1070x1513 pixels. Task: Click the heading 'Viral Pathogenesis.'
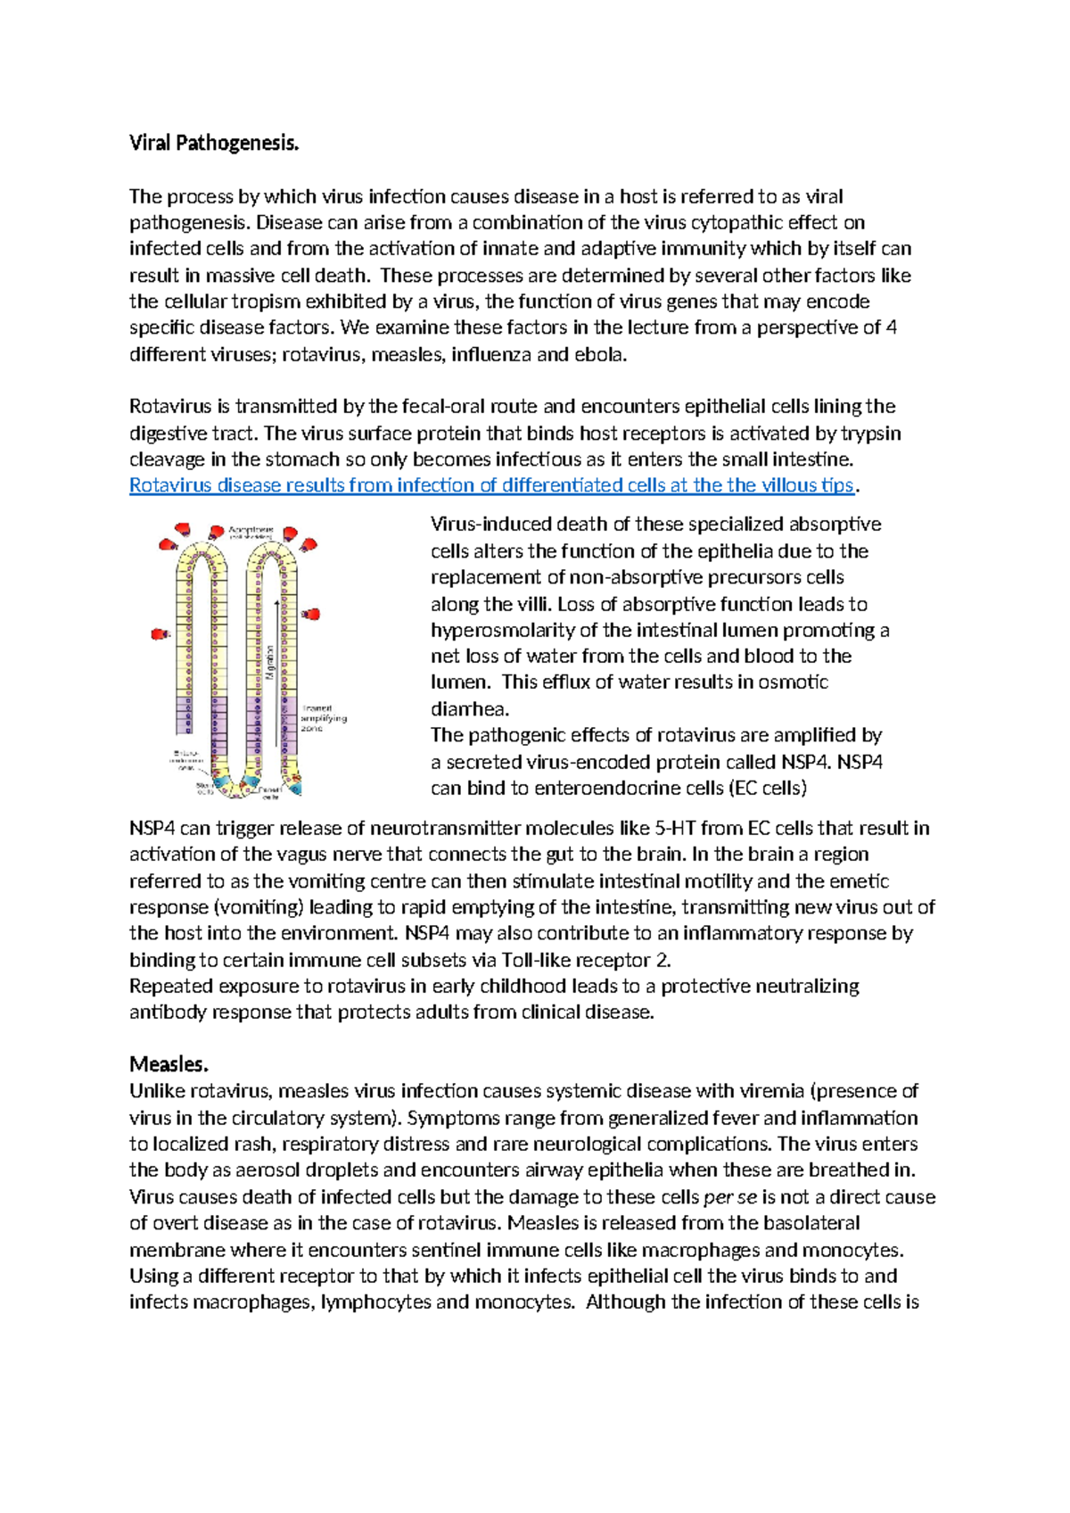click(x=214, y=143)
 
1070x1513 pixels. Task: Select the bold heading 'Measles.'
click(x=169, y=1064)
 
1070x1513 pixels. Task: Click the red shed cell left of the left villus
click(x=160, y=634)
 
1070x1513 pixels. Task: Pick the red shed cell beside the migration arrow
click(x=311, y=614)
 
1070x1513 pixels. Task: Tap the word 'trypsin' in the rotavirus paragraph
click(x=871, y=434)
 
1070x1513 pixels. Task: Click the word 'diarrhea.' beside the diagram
click(x=469, y=709)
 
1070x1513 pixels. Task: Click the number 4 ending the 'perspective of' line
click(x=892, y=327)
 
